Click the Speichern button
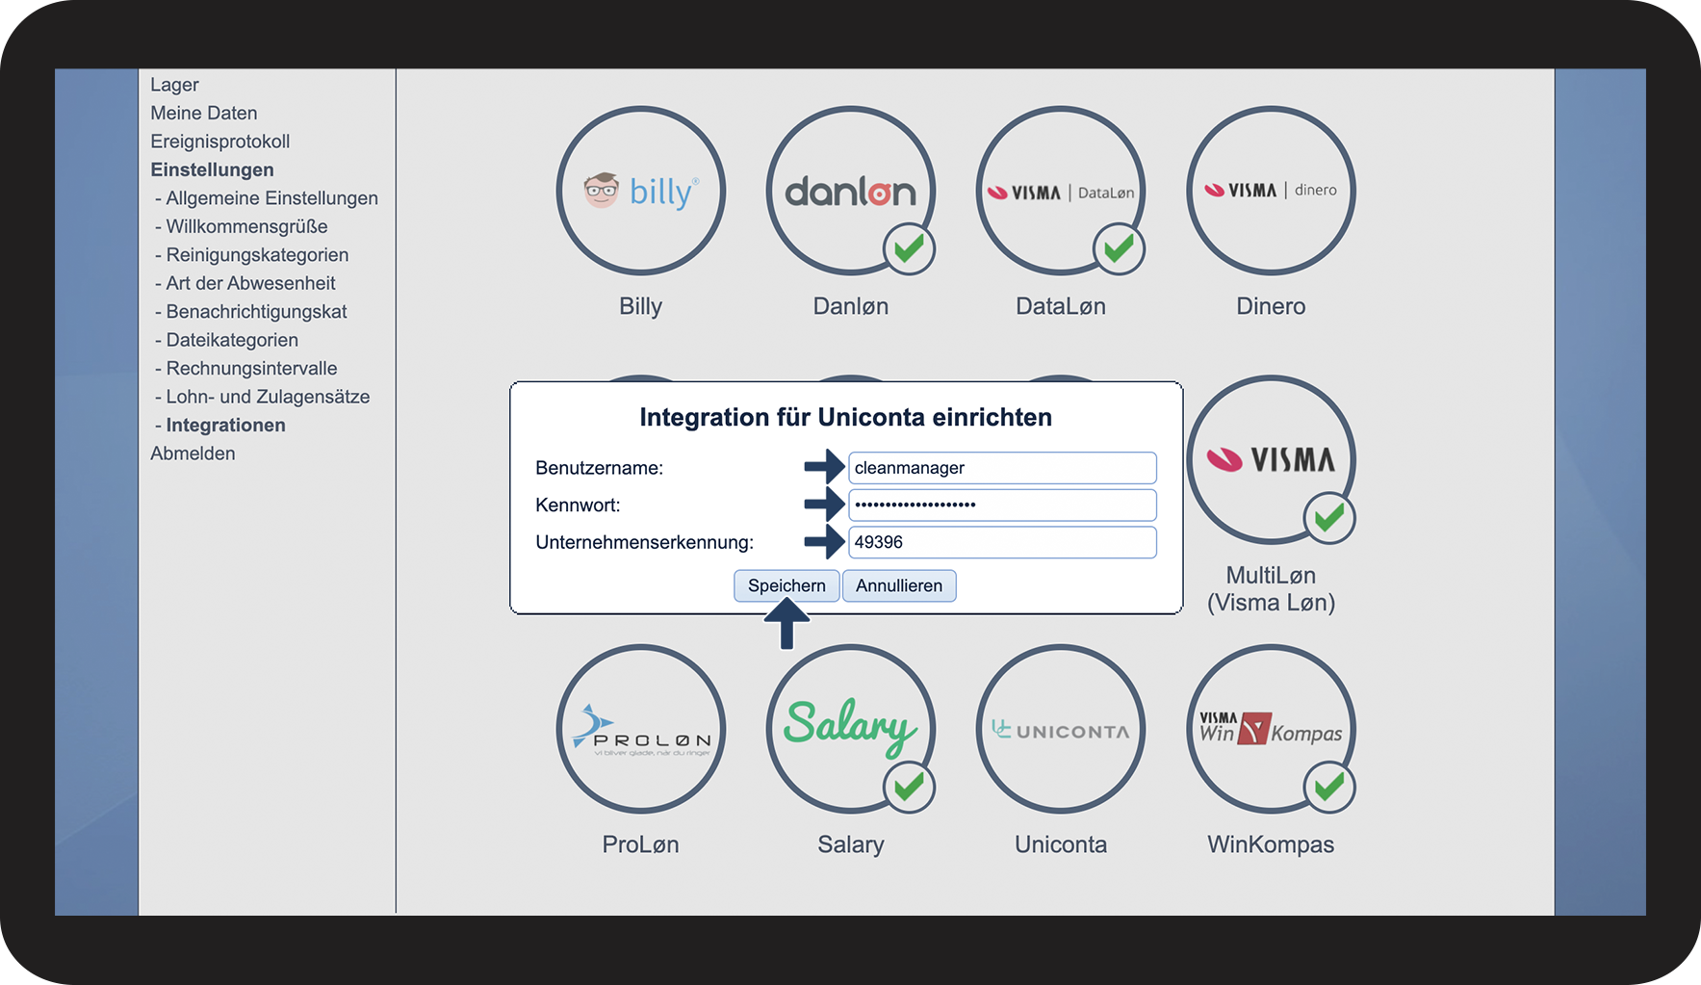coord(786,585)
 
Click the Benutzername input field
coord(1001,468)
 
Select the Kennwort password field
coord(1001,505)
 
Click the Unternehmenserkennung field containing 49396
coord(1001,542)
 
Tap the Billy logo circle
coord(640,191)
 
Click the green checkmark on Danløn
coord(909,249)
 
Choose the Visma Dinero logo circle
coord(1271,191)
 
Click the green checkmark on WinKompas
coord(1329,788)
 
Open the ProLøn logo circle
coord(640,729)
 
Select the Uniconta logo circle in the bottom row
coord(1061,729)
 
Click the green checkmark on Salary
coord(909,788)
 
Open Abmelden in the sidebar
coord(193,454)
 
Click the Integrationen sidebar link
coord(225,425)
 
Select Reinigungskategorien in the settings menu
coord(257,255)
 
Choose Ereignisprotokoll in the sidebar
coord(219,142)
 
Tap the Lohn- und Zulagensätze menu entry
coord(268,397)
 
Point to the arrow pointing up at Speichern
coord(786,624)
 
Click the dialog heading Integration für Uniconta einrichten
coord(845,417)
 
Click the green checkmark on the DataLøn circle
coord(1119,249)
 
